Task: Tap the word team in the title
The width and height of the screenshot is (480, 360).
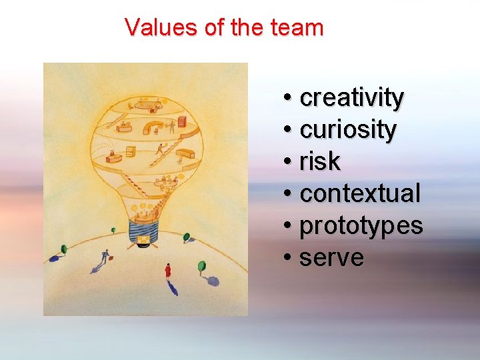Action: pos(297,28)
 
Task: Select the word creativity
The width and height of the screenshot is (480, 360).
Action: pos(351,98)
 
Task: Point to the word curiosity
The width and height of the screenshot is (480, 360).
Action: pos(348,129)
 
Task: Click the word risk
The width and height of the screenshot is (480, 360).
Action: pos(320,161)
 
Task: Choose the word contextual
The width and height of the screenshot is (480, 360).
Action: pos(360,194)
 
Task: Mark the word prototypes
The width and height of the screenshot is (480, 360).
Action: pos(361,226)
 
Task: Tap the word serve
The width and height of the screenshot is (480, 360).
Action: pos(331,258)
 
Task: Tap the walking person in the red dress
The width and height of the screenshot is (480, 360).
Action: pos(168,271)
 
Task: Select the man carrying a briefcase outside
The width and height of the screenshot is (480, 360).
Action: pos(104,257)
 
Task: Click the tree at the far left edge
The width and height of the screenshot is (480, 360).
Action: pos(63,249)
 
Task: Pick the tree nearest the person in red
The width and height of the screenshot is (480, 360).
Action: pos(201,267)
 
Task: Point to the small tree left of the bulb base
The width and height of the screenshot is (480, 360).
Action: pos(113,230)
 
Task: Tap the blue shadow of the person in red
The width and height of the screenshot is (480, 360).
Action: pos(173,289)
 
